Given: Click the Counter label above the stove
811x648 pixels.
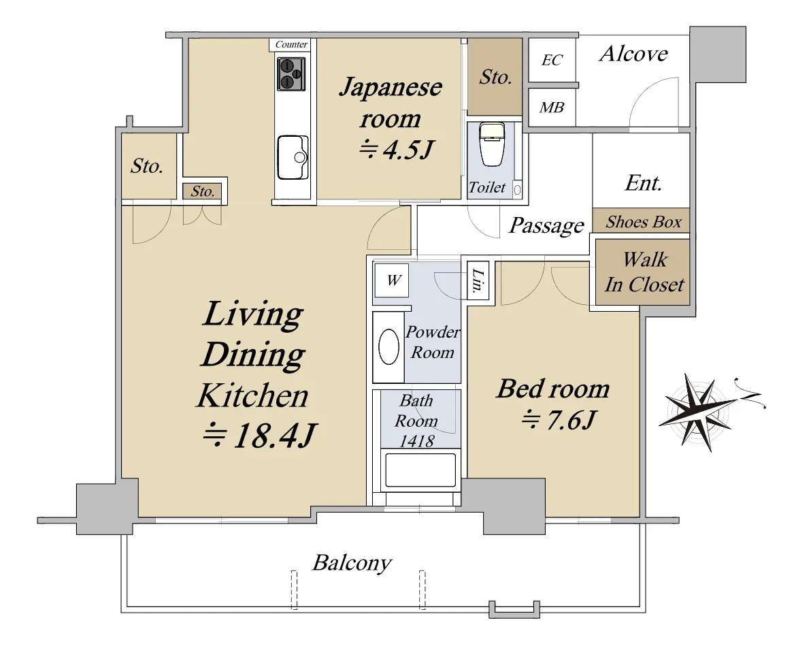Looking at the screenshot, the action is pos(291,44).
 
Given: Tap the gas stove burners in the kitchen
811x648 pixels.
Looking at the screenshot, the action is pos(291,74).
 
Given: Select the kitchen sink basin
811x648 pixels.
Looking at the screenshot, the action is pos(293,157).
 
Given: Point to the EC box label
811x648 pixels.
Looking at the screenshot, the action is pos(551,61).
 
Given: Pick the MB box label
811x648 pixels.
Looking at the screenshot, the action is pos(551,108).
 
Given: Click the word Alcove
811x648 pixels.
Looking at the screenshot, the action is pos(633,54).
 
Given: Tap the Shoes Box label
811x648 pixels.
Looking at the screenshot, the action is pos(644,222).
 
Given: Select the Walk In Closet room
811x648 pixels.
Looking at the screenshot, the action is pos(643,272).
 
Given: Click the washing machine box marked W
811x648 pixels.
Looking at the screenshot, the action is pos(391,280).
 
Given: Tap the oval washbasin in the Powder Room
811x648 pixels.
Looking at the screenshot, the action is pos(389,346).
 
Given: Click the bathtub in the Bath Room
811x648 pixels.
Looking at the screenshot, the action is pos(420,470).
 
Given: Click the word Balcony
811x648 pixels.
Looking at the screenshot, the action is pos(352,563).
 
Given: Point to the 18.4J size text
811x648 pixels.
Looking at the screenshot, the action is pos(259,436).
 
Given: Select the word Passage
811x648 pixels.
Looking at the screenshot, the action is pos(547,226).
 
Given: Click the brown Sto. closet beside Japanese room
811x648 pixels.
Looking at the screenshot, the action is pos(495,77).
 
